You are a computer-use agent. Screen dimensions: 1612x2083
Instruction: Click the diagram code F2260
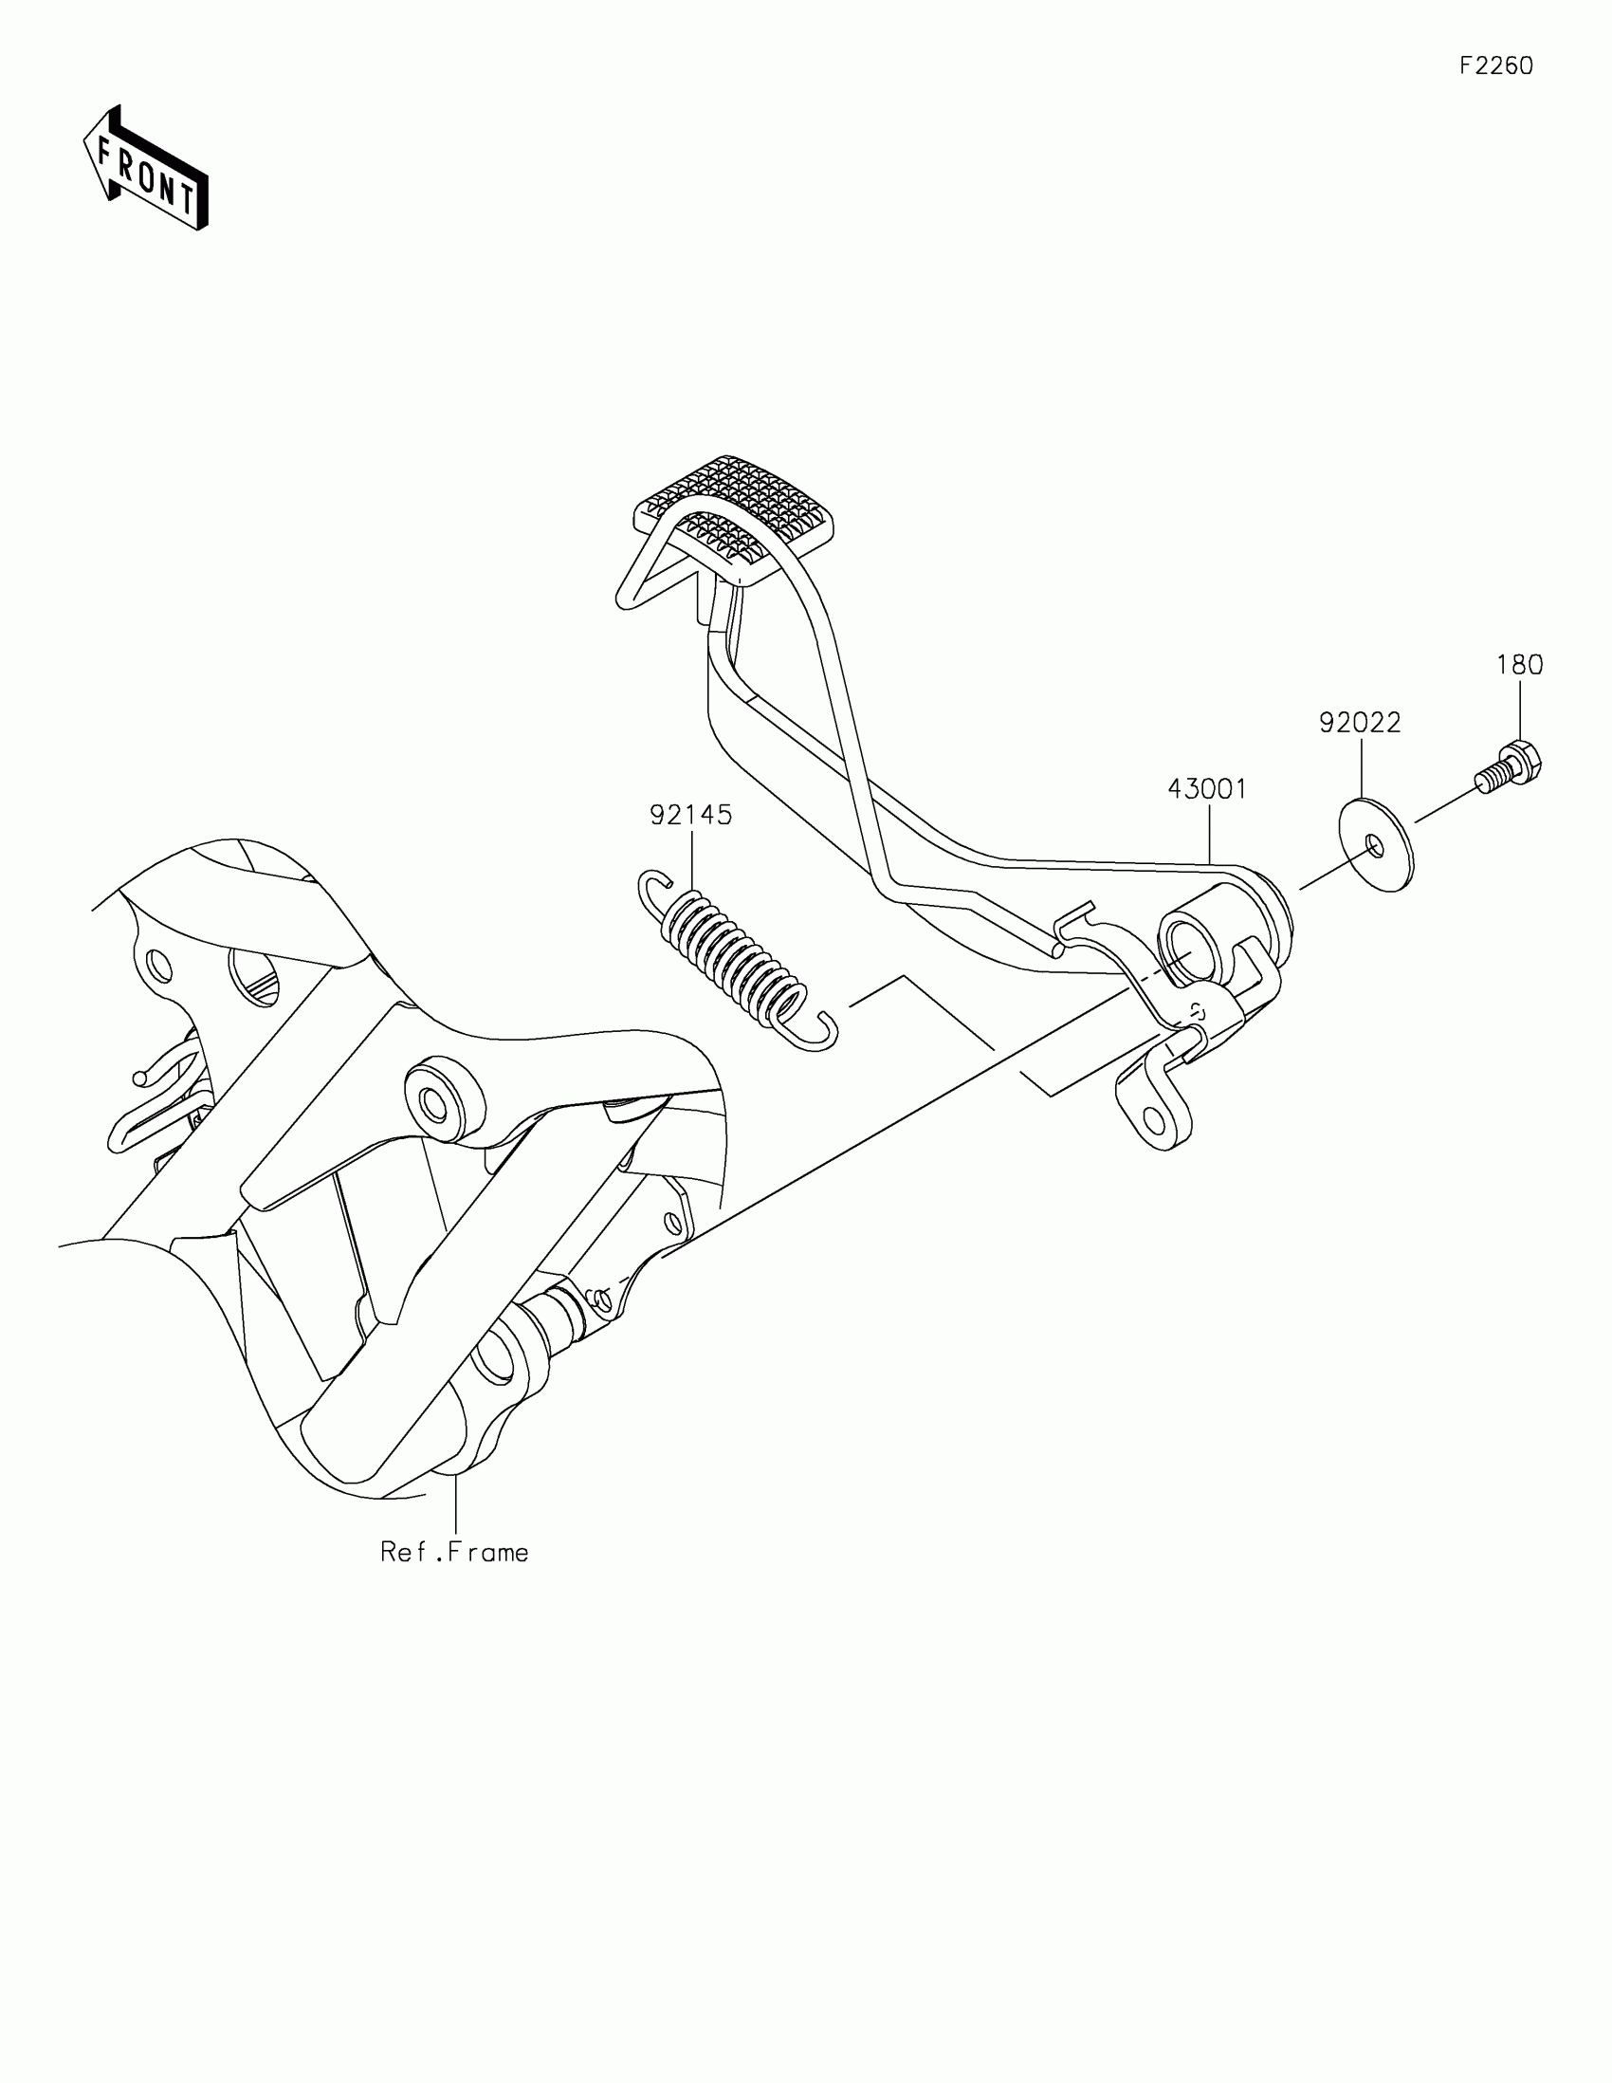(1495, 65)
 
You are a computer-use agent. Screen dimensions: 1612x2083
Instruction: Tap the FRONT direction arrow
(146, 169)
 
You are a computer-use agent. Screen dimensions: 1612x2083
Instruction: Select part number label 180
(1519, 665)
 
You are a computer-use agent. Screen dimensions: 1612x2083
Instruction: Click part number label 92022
(1361, 723)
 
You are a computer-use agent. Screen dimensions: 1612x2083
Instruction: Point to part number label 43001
(1208, 789)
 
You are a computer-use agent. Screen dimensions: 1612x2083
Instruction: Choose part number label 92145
(691, 815)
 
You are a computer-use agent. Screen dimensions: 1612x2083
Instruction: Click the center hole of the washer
(1374, 843)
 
